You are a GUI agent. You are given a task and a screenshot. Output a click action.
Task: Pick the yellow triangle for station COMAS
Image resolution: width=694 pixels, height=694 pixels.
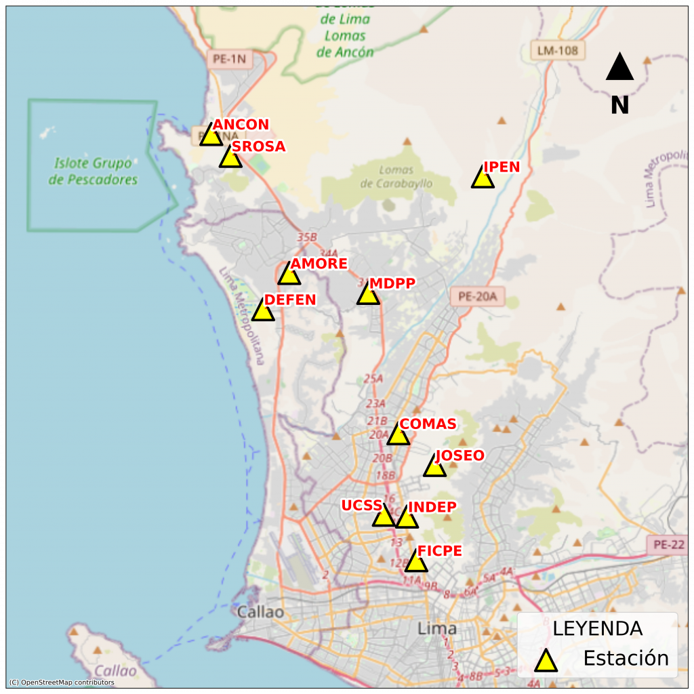pos(399,435)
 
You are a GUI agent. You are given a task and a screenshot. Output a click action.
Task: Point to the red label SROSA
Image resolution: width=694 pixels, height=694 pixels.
pos(258,146)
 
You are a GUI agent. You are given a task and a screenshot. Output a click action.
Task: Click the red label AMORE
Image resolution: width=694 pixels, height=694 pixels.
pos(319,264)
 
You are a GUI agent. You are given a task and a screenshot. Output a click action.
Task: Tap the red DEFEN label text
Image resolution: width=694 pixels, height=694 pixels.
pos(290,300)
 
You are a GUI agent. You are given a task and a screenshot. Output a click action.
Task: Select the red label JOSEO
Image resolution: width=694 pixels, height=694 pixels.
pos(460,455)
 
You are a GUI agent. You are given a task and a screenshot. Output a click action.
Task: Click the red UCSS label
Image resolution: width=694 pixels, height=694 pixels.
pos(361,506)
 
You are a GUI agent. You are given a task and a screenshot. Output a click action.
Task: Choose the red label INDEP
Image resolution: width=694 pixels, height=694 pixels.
pos(432,507)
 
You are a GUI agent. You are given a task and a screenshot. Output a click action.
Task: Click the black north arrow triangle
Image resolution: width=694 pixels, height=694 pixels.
pos(619,68)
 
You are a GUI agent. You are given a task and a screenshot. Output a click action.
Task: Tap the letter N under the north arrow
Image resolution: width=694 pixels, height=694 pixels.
pos(619,105)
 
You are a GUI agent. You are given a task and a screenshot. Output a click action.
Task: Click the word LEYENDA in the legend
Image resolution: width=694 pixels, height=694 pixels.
pos(597,628)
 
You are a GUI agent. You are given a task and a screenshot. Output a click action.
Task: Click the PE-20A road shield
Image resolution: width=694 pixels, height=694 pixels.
pos(477,296)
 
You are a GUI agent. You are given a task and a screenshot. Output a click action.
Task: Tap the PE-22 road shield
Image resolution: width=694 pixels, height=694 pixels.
pos(667,544)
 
